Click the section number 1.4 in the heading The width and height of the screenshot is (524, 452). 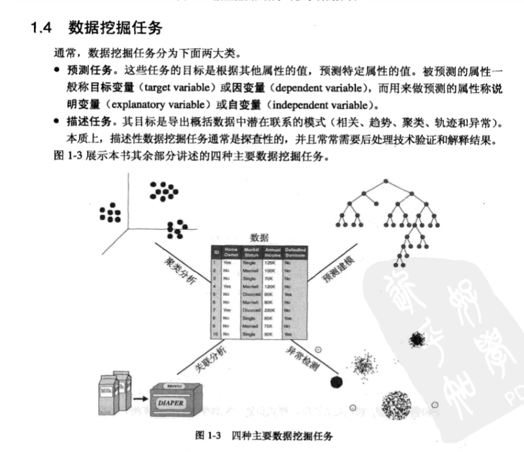pyautogui.click(x=43, y=27)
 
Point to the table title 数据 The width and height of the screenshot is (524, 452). pyautogui.click(x=259, y=237)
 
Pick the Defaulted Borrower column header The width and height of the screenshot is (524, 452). pyautogui.click(x=295, y=253)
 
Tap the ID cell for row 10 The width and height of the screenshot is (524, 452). pyautogui.click(x=215, y=333)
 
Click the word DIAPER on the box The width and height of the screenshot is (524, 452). pyautogui.click(x=175, y=403)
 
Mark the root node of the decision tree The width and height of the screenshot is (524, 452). pyautogui.click(x=385, y=180)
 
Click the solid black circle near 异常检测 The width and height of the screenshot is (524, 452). pyautogui.click(x=336, y=382)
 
